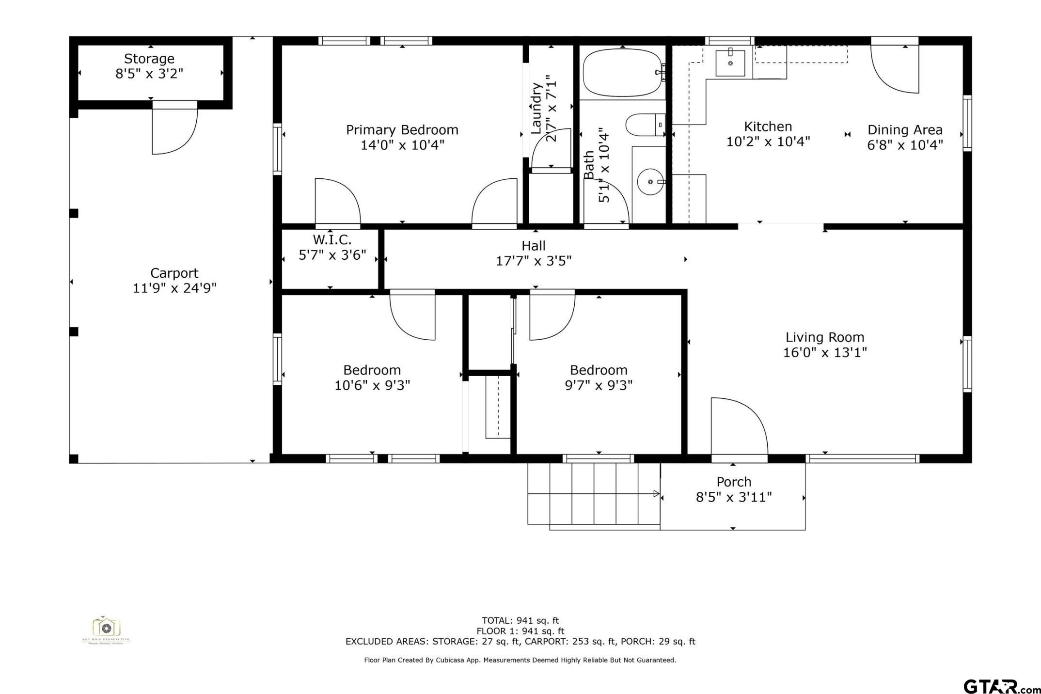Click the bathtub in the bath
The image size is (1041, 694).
(x=622, y=73)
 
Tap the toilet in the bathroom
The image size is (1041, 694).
(x=645, y=125)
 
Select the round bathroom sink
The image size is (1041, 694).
(x=650, y=182)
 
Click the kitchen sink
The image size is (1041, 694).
(x=730, y=63)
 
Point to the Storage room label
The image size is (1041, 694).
(x=149, y=59)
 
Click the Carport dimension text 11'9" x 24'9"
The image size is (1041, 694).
(x=174, y=288)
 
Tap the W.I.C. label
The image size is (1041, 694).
(x=332, y=239)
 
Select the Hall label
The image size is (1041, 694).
(x=533, y=246)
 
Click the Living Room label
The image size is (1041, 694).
(x=824, y=337)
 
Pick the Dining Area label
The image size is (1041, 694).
(x=904, y=130)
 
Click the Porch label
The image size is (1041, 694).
(x=734, y=482)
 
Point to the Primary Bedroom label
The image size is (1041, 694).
(x=402, y=130)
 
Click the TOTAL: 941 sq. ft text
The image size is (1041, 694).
(x=520, y=620)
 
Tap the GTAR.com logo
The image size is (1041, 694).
(x=998, y=686)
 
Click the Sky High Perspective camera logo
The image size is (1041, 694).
(x=106, y=629)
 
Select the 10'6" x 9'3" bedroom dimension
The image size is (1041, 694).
(x=372, y=385)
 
